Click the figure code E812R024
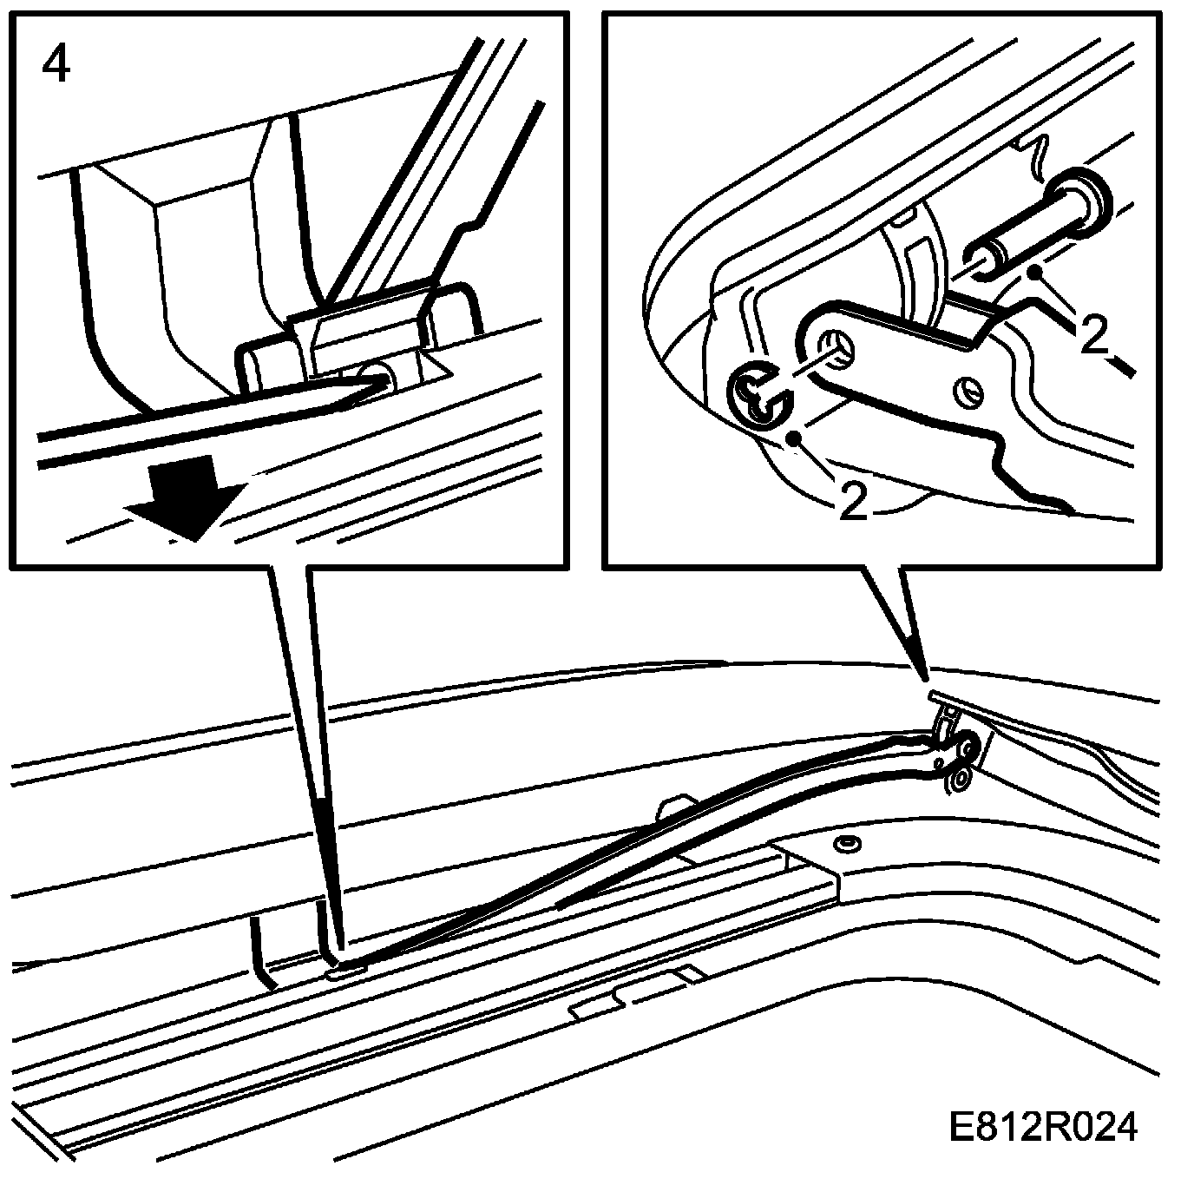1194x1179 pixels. click(1042, 1128)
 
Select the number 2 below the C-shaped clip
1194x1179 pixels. click(853, 501)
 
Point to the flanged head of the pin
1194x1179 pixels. click(1079, 201)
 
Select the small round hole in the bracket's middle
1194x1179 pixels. click(969, 392)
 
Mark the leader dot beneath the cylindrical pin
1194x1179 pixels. click(1033, 273)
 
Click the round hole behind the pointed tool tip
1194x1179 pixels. click(380, 376)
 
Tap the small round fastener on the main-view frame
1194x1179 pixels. click(843, 843)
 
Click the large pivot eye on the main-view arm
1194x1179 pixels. click(965, 745)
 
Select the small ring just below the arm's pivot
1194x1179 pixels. click(958, 781)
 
